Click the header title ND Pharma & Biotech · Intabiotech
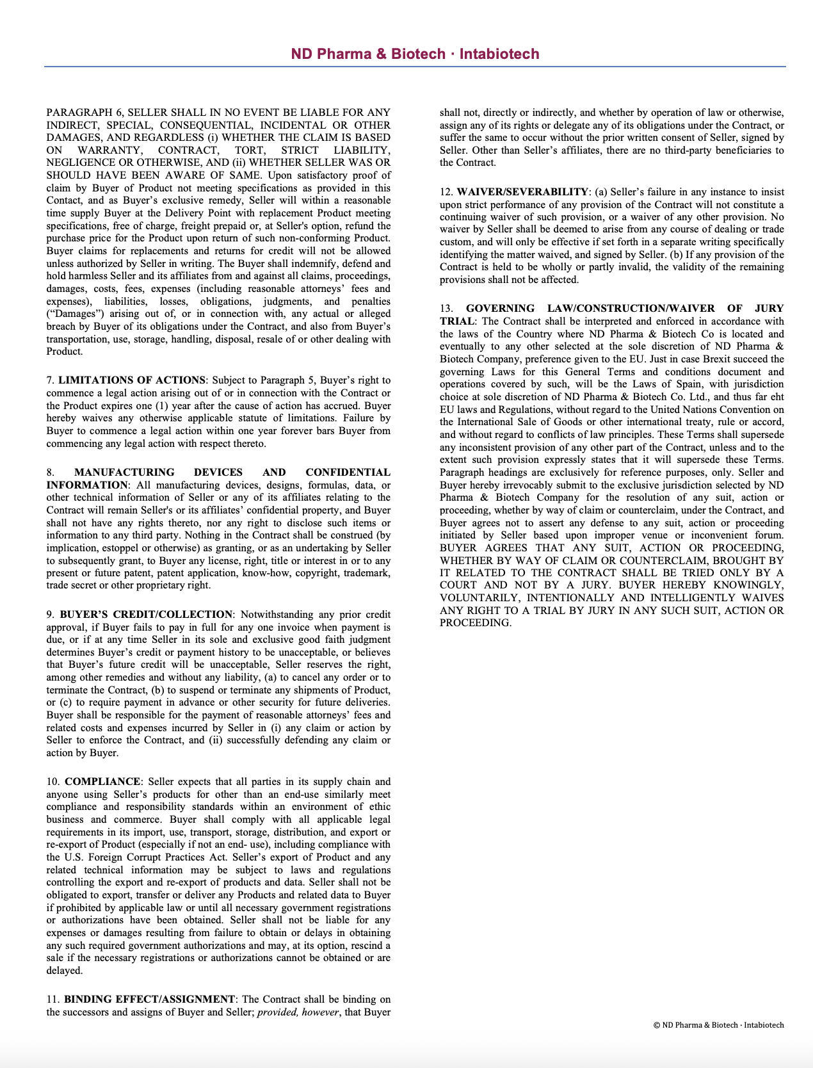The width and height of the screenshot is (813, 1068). point(415,54)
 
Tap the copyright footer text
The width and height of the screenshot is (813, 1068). point(718,1025)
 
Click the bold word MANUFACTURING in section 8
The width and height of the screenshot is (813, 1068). point(124,473)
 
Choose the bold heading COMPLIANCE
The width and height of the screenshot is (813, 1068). point(102,782)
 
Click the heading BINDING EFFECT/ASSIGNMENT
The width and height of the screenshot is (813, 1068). point(150,999)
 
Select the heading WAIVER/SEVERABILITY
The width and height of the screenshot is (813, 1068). point(522,192)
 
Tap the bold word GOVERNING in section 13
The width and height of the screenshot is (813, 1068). point(491,309)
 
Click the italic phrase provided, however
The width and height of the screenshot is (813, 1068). point(298,1012)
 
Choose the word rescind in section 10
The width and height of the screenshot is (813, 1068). point(372,946)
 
